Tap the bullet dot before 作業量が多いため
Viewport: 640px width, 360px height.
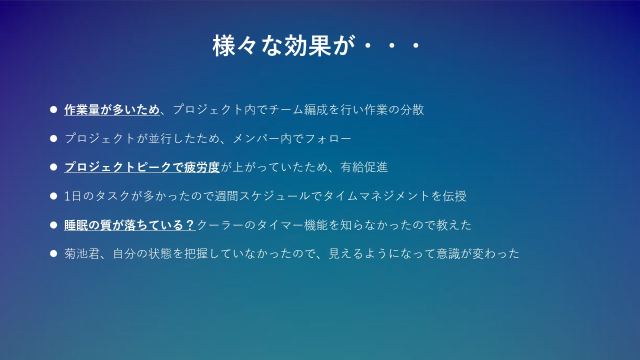(53, 109)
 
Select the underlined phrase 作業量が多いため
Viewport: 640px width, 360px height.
(111, 109)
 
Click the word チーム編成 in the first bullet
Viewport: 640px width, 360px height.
(298, 109)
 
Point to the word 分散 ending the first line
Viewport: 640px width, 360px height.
(412, 109)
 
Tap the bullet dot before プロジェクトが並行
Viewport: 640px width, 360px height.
(53, 138)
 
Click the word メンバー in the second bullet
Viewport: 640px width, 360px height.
(256, 138)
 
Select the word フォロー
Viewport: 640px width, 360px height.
(328, 138)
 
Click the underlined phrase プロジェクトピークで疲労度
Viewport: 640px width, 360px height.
(141, 167)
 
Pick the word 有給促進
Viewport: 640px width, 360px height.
(363, 167)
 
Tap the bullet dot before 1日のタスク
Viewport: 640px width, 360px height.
(53, 196)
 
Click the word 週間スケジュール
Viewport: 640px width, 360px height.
(262, 196)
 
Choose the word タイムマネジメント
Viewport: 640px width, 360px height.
(376, 196)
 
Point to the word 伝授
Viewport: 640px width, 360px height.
(454, 196)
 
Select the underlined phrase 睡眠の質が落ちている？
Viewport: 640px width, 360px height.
(129, 225)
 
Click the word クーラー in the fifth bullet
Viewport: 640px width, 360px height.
(220, 225)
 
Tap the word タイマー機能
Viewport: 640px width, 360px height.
(292, 225)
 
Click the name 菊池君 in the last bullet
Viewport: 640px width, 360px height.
(82, 253)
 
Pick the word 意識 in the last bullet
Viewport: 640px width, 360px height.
(448, 253)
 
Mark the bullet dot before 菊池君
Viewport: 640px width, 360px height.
(53, 253)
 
